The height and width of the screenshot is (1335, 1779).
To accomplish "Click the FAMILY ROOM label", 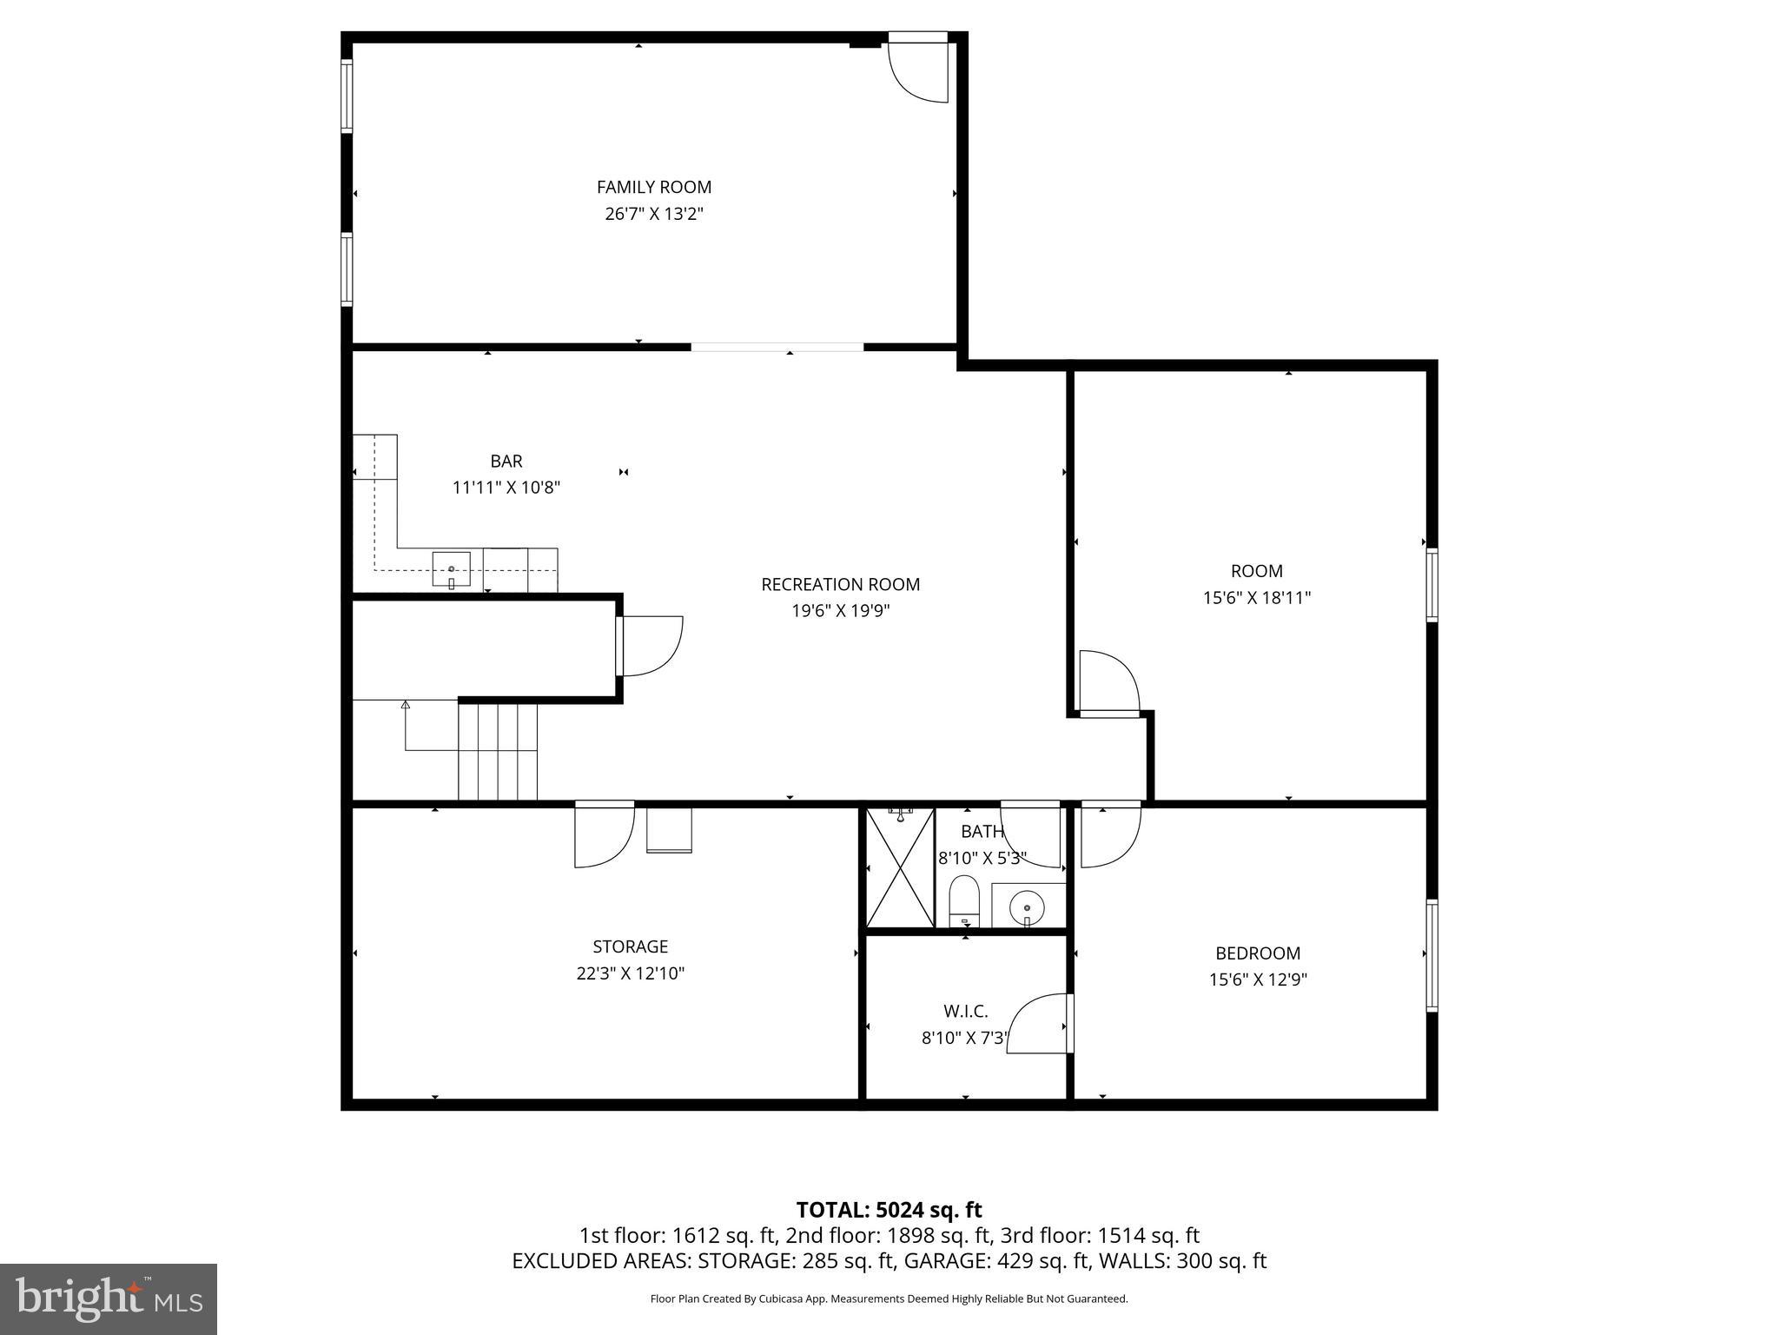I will point(653,187).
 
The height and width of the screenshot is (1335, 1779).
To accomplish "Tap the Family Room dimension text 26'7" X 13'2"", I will point(653,214).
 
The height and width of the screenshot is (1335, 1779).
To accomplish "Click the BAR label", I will point(506,461).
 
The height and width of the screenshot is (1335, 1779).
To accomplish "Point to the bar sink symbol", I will point(451,569).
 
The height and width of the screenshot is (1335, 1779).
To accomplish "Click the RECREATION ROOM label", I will point(840,584).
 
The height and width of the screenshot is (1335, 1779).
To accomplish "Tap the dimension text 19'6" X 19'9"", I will point(840,611).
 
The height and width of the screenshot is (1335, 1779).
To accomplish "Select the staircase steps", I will point(498,752).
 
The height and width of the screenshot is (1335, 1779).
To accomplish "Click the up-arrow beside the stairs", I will point(405,706).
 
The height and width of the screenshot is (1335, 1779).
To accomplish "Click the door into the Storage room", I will point(603,836).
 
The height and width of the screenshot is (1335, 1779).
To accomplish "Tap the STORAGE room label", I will point(630,946).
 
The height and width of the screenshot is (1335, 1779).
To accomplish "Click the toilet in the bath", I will point(963,901).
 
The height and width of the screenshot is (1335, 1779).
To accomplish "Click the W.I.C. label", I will point(965,1012).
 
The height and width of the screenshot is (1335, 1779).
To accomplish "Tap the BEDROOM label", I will point(1257,953).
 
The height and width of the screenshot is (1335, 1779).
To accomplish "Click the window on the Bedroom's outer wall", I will point(1432,956).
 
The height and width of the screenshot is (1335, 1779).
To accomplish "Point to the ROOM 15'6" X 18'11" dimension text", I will point(1256,598).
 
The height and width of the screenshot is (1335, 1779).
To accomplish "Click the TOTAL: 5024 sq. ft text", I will point(889,1210).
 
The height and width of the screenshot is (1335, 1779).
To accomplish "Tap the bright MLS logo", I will point(109,1298).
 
